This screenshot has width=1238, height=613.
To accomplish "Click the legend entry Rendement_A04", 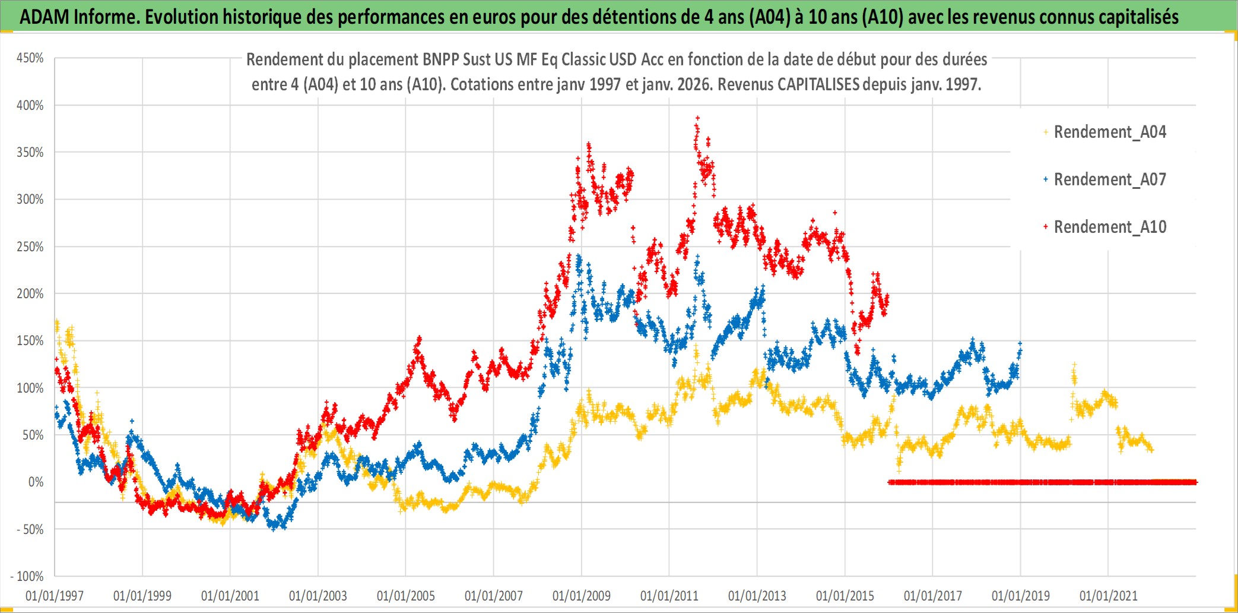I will point(1109,132).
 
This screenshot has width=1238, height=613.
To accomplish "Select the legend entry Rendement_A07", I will point(1109,179).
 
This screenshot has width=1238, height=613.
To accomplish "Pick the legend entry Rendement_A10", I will point(1109,227).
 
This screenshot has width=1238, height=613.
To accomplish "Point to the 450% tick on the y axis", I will point(30,58).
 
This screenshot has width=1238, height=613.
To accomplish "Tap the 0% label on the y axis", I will point(36,482).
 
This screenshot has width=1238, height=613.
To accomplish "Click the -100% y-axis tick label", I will point(27,576).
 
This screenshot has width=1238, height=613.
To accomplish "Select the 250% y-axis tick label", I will point(30,247).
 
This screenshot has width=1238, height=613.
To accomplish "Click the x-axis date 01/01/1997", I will point(55,596).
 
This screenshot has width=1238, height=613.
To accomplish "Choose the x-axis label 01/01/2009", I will point(582,596).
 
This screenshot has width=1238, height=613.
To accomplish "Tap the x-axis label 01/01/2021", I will point(1109,596).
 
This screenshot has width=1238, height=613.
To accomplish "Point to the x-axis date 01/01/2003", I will point(318,596).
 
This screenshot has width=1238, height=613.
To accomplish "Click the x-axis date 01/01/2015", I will point(845,596).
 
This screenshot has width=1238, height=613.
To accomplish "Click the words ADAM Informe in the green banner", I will point(78,17).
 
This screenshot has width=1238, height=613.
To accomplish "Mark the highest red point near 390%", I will point(697,118).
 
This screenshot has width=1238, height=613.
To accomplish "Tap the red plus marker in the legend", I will point(1046,227).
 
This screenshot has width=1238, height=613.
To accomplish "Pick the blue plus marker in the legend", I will point(1046,179).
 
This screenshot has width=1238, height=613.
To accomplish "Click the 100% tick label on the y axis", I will point(30,388).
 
